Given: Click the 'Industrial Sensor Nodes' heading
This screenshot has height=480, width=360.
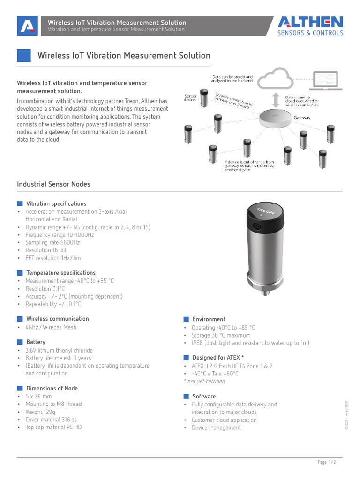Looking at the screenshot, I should pos(53,184).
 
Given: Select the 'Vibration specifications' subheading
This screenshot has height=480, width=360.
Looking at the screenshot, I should pos(56,204).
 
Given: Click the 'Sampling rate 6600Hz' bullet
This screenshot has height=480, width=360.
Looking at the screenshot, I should pos(52,242).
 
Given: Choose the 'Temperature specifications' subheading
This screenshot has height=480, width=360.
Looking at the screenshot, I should pos(61,273).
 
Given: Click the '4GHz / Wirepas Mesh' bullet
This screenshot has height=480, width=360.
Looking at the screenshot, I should pos(51,327).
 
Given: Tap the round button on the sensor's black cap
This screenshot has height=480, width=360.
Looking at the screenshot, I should pos(257,226).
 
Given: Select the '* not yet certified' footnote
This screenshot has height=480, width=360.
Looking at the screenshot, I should pos(204,381).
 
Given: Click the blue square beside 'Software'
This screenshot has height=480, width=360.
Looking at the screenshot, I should pos(186,397).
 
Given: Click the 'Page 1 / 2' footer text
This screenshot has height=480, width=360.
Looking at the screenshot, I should pos(327,462).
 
